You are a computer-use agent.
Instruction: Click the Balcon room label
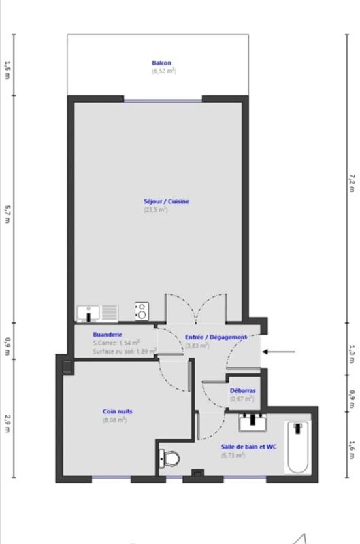161,63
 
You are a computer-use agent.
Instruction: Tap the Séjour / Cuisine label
166,201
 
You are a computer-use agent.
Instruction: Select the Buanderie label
108,335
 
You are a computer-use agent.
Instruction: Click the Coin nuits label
117,411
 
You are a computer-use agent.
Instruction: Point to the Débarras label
243,390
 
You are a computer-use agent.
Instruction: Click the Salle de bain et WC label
249,447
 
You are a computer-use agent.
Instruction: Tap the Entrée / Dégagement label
216,337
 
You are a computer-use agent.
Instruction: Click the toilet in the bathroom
169,458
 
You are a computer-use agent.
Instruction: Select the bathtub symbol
298,447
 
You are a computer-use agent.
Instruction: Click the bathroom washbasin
252,423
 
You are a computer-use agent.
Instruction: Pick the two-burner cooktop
142,311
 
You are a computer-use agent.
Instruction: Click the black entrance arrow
278,352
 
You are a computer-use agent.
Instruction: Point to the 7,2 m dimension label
352,184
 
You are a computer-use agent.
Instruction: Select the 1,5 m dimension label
7,70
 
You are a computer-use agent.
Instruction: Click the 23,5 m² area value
156,210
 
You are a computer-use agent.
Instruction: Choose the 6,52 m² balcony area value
164,71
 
